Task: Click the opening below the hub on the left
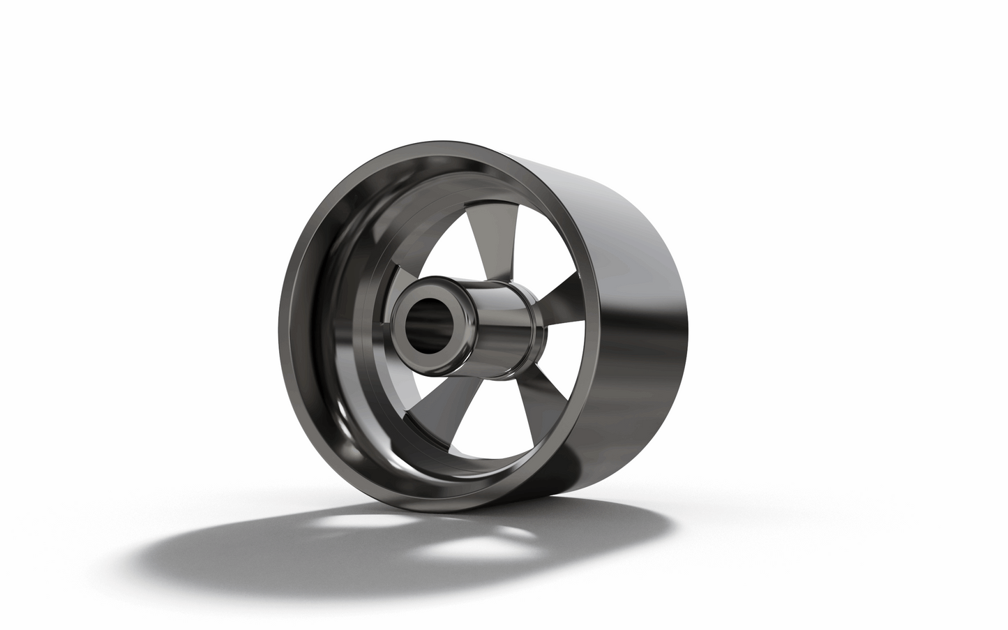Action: [x=419, y=398]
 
